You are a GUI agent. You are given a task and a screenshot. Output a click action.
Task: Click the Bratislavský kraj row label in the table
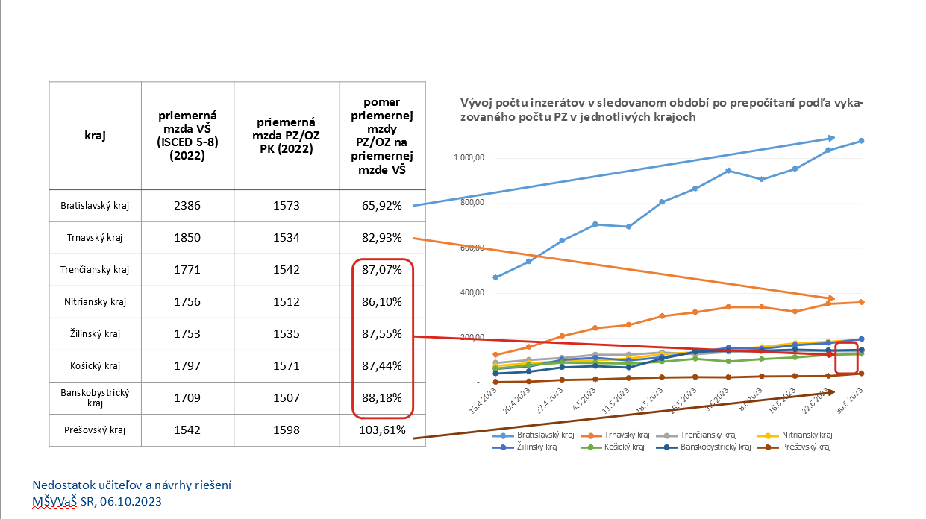coord(95,206)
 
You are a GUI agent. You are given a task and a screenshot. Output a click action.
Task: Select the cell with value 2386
coord(187,206)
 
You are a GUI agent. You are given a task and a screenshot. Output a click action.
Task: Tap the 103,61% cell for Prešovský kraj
coord(382,430)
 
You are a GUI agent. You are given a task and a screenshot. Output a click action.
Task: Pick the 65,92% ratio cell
coord(382,206)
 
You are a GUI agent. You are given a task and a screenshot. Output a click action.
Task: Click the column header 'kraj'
coord(95,136)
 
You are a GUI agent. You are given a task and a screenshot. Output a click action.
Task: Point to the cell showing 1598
coord(287,430)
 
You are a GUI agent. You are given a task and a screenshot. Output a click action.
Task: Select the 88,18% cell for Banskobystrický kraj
coord(382,397)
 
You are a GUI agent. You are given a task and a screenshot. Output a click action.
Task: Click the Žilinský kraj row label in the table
coord(95,333)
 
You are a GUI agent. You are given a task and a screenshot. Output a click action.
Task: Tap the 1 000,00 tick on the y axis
coord(469,158)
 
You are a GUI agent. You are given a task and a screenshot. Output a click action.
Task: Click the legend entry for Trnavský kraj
coord(622,435)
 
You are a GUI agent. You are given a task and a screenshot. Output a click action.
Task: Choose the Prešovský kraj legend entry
coord(806,447)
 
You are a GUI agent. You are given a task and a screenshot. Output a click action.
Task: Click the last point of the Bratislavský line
coord(861,141)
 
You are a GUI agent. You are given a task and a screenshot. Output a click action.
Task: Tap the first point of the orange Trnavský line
coord(495,355)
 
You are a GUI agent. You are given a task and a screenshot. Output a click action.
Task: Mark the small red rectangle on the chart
coord(846,358)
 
